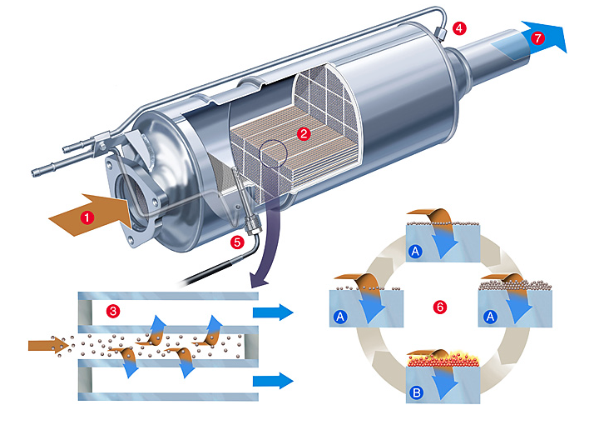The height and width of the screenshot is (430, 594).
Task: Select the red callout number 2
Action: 304,132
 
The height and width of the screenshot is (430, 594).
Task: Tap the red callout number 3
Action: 113,311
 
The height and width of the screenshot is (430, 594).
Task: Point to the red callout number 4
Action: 460,27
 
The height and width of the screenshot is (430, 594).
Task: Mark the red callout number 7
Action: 538,38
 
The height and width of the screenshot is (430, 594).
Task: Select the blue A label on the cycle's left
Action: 339,317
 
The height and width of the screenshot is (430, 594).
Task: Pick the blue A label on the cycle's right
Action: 492,316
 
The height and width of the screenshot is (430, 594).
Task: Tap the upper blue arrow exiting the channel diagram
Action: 273,312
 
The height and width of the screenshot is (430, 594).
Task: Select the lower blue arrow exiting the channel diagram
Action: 273,381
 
